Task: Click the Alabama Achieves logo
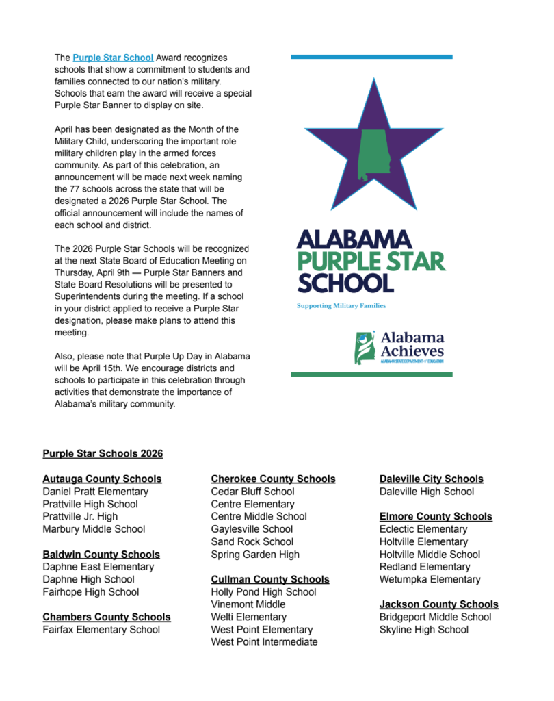(x=399, y=348)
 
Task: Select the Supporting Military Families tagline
(x=341, y=306)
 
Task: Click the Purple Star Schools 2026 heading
(x=103, y=453)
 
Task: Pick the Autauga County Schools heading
(x=102, y=479)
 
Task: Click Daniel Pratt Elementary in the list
(x=95, y=492)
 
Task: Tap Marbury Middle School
(x=94, y=529)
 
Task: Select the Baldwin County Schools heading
(x=101, y=555)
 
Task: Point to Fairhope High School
(x=90, y=592)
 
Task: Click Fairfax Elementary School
(x=101, y=630)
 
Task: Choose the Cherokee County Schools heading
(x=273, y=479)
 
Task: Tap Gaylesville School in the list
(x=252, y=529)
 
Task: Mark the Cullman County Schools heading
(x=270, y=580)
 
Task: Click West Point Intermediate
(x=264, y=642)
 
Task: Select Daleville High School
(x=427, y=492)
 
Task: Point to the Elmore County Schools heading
(x=436, y=517)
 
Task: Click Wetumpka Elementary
(x=430, y=580)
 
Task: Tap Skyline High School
(x=424, y=630)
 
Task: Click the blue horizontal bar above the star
(x=371, y=57)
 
